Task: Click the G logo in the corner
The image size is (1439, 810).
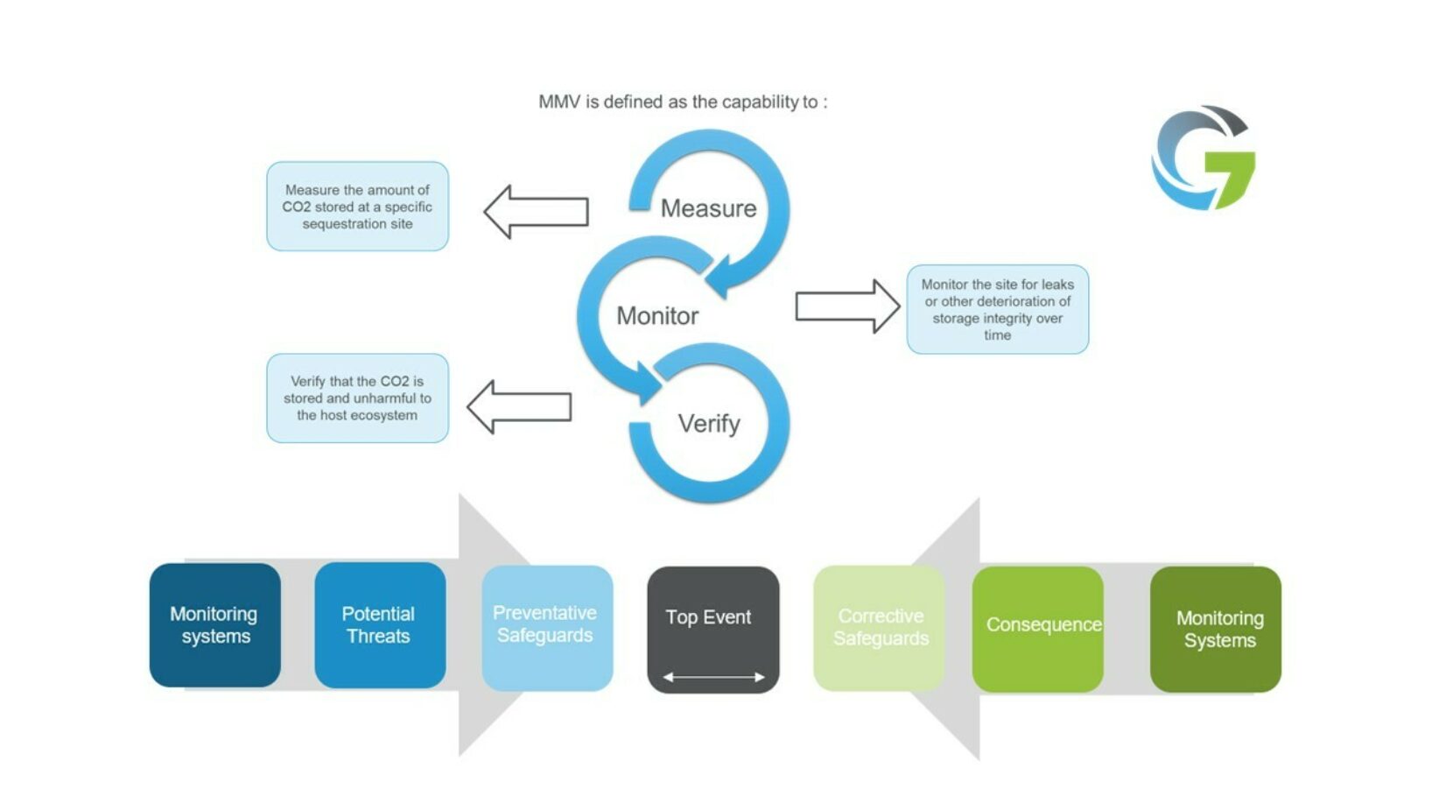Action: (1203, 158)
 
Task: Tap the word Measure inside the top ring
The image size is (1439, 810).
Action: (708, 208)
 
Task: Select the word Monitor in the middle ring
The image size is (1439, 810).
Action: (657, 315)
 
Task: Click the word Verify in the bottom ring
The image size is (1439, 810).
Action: (709, 424)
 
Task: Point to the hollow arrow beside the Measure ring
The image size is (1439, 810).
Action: (535, 211)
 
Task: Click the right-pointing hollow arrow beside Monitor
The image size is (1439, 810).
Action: (846, 306)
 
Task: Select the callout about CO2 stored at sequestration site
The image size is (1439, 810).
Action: (357, 207)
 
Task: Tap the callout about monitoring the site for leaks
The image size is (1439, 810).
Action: (997, 309)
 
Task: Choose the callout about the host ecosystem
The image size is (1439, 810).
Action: (357, 398)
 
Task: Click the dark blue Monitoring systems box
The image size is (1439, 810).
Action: (215, 625)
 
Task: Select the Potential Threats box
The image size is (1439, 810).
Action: (379, 625)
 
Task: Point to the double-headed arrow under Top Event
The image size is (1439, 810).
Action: (713, 677)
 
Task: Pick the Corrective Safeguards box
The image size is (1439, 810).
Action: (880, 627)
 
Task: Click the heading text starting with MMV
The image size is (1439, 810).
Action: (683, 102)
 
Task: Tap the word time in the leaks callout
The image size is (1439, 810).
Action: (997, 335)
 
